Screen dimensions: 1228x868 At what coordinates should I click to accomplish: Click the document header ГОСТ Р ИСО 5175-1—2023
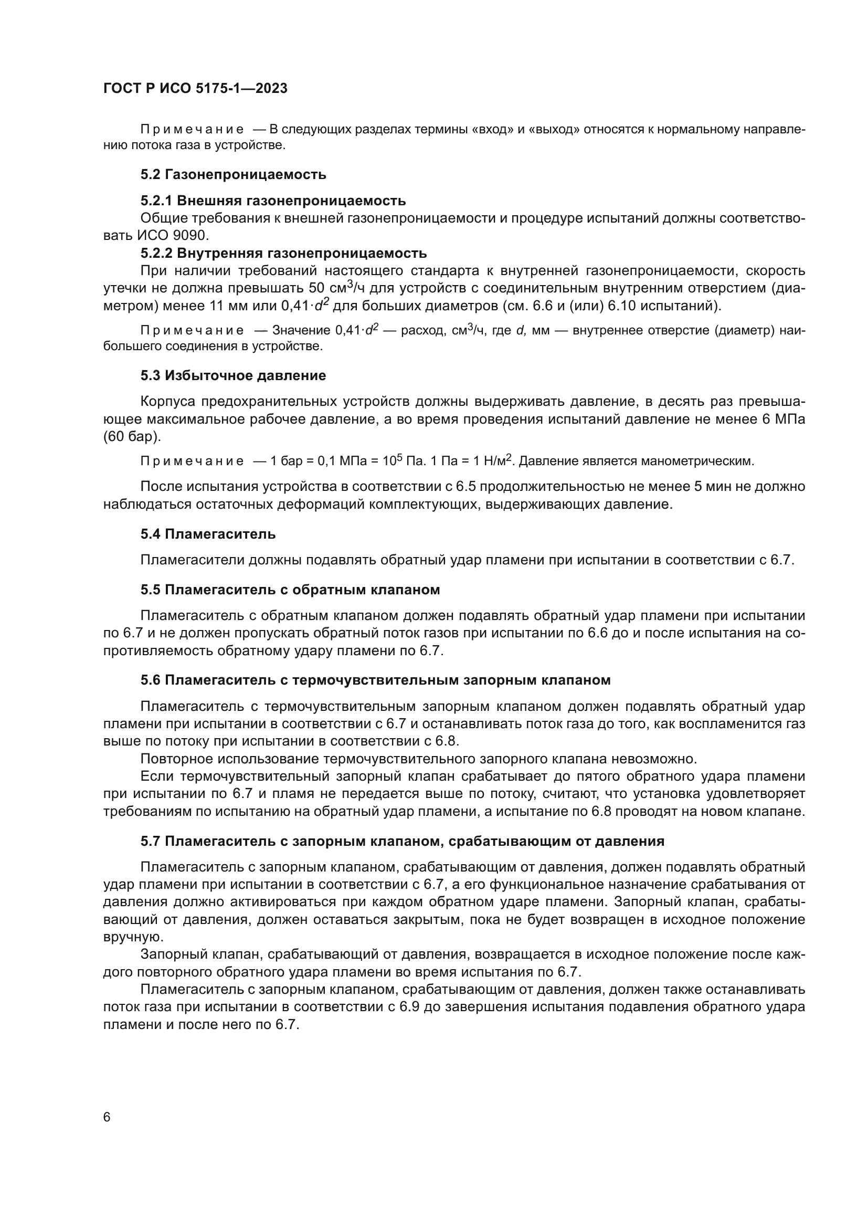195,88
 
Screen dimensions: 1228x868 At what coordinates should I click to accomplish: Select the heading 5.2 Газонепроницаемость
233,174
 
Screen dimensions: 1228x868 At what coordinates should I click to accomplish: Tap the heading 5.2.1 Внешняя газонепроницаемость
273,201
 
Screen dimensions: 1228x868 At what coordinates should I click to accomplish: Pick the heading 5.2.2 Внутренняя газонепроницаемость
283,253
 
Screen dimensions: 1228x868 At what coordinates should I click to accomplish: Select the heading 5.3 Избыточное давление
233,375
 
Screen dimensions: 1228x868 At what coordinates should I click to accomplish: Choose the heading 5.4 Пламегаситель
208,534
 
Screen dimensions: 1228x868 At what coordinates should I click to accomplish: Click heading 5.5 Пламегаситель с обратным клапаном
290,590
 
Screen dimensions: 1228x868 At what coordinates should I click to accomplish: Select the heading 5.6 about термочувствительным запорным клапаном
375,680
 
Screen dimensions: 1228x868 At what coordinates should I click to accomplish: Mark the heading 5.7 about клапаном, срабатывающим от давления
402,841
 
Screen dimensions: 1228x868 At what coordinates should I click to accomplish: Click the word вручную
126,937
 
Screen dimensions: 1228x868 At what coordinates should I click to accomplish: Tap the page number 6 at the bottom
107,1117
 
